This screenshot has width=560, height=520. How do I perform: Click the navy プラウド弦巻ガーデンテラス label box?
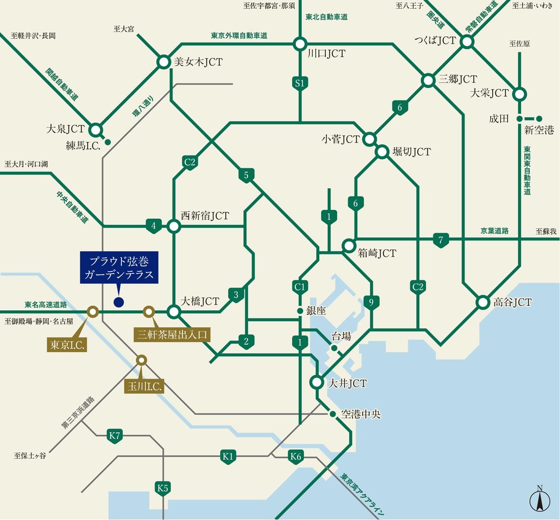(119, 268)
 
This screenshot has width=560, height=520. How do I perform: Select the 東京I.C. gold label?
(67, 345)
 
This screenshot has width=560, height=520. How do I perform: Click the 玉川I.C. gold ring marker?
(141, 360)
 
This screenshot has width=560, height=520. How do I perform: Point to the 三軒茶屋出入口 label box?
(172, 335)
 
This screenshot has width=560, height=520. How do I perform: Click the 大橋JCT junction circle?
(174, 311)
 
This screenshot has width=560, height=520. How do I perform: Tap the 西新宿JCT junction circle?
(174, 226)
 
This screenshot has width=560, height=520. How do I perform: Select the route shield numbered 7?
(441, 240)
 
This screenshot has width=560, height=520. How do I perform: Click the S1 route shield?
(300, 83)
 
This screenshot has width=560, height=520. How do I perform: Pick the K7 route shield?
(115, 436)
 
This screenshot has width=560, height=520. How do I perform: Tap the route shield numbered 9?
(371, 302)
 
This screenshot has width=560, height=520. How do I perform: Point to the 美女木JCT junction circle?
(163, 62)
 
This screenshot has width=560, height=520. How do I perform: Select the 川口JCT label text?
(326, 54)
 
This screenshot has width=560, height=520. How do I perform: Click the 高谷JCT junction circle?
(483, 302)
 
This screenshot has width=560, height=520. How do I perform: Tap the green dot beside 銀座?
(300, 311)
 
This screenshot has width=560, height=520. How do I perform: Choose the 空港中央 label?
(361, 414)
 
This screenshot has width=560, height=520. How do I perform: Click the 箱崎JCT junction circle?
(349, 246)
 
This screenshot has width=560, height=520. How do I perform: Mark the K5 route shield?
(163, 488)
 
